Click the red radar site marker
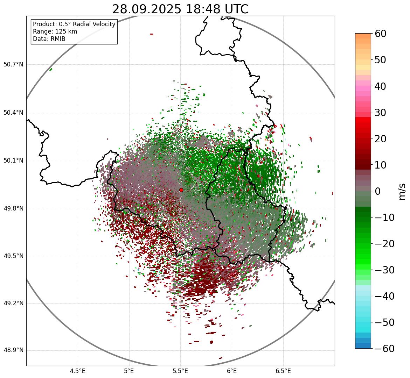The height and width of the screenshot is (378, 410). pos(181,190)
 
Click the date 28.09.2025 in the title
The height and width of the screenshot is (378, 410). pos(147,9)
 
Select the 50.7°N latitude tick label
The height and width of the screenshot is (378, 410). pos(13,65)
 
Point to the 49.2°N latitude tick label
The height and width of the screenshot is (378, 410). pos(13,303)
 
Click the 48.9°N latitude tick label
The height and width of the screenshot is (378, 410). pos(13,350)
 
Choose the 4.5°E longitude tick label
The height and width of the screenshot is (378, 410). pos(78,371)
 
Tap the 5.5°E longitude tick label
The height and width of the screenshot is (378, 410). pos(180,371)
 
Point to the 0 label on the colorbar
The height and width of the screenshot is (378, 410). pos(378,191)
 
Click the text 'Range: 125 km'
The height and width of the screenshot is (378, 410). pos(55,31)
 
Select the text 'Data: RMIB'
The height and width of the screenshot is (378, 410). pos(49,39)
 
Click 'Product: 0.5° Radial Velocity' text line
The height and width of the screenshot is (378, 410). pos(74,24)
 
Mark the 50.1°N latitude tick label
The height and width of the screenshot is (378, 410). pos(13,161)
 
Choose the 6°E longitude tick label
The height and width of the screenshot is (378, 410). pos(232,371)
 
